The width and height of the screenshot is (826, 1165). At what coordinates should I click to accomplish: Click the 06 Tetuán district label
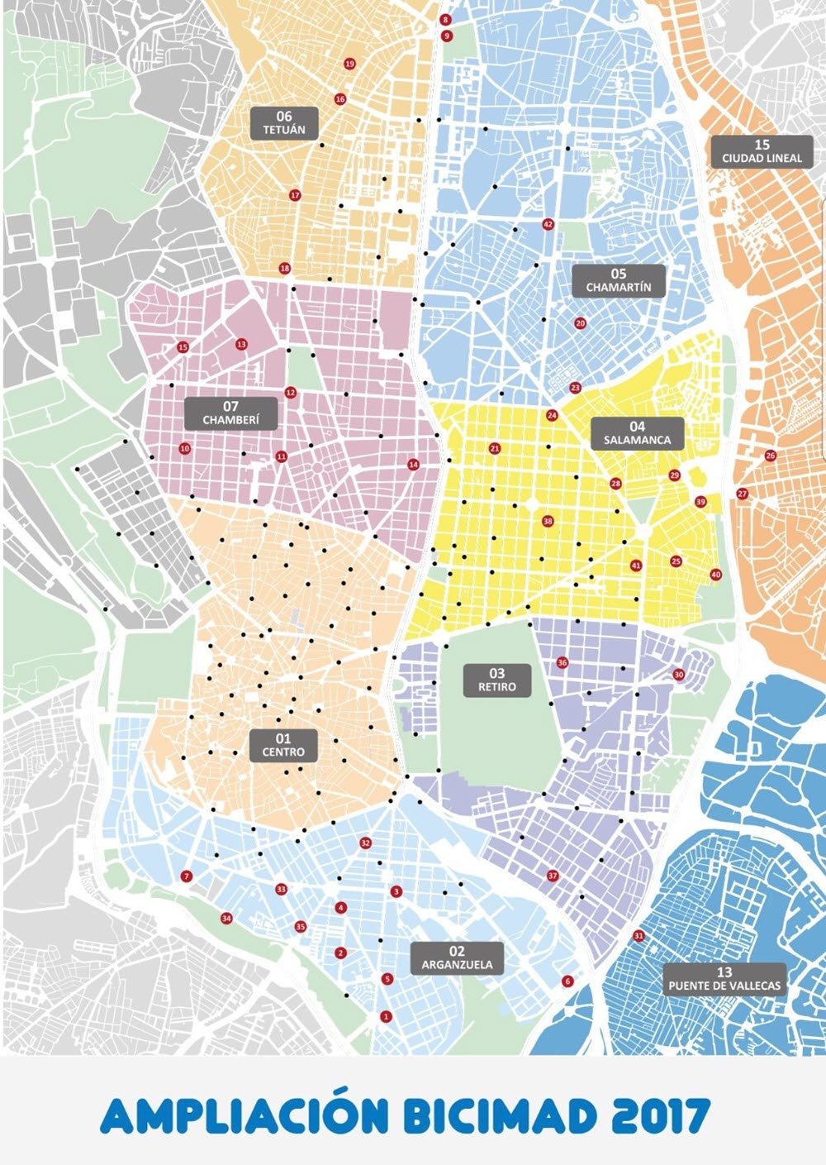[x=284, y=122]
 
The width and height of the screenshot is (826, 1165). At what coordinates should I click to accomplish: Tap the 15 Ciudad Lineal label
[x=762, y=151]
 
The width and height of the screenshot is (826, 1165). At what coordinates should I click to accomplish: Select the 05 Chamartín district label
[x=619, y=280]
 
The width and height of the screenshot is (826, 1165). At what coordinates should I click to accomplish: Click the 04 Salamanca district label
[x=637, y=433]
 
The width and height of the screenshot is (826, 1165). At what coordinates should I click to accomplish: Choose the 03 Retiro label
[x=496, y=680]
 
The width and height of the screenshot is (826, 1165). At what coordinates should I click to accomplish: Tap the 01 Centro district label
[x=283, y=745]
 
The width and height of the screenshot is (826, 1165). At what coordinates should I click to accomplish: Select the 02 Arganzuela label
[x=457, y=957]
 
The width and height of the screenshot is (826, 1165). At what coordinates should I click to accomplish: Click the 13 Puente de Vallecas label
[x=724, y=979]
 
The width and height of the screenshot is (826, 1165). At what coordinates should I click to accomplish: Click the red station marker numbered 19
[x=349, y=64]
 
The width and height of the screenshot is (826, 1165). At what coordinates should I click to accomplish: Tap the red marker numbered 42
[x=548, y=224]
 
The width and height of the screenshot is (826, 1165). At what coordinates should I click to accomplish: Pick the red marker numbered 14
[x=413, y=465]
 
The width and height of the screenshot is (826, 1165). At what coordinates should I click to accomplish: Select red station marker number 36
[x=563, y=662]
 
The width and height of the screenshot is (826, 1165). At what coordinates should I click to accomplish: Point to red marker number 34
[x=226, y=918]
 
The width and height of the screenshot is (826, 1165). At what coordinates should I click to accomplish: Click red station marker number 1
[x=385, y=1016]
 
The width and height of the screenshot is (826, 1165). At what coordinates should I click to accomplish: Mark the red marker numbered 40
[x=715, y=575]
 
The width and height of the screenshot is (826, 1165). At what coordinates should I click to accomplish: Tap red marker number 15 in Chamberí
[x=183, y=347]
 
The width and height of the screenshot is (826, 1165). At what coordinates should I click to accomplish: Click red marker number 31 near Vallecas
[x=638, y=935]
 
